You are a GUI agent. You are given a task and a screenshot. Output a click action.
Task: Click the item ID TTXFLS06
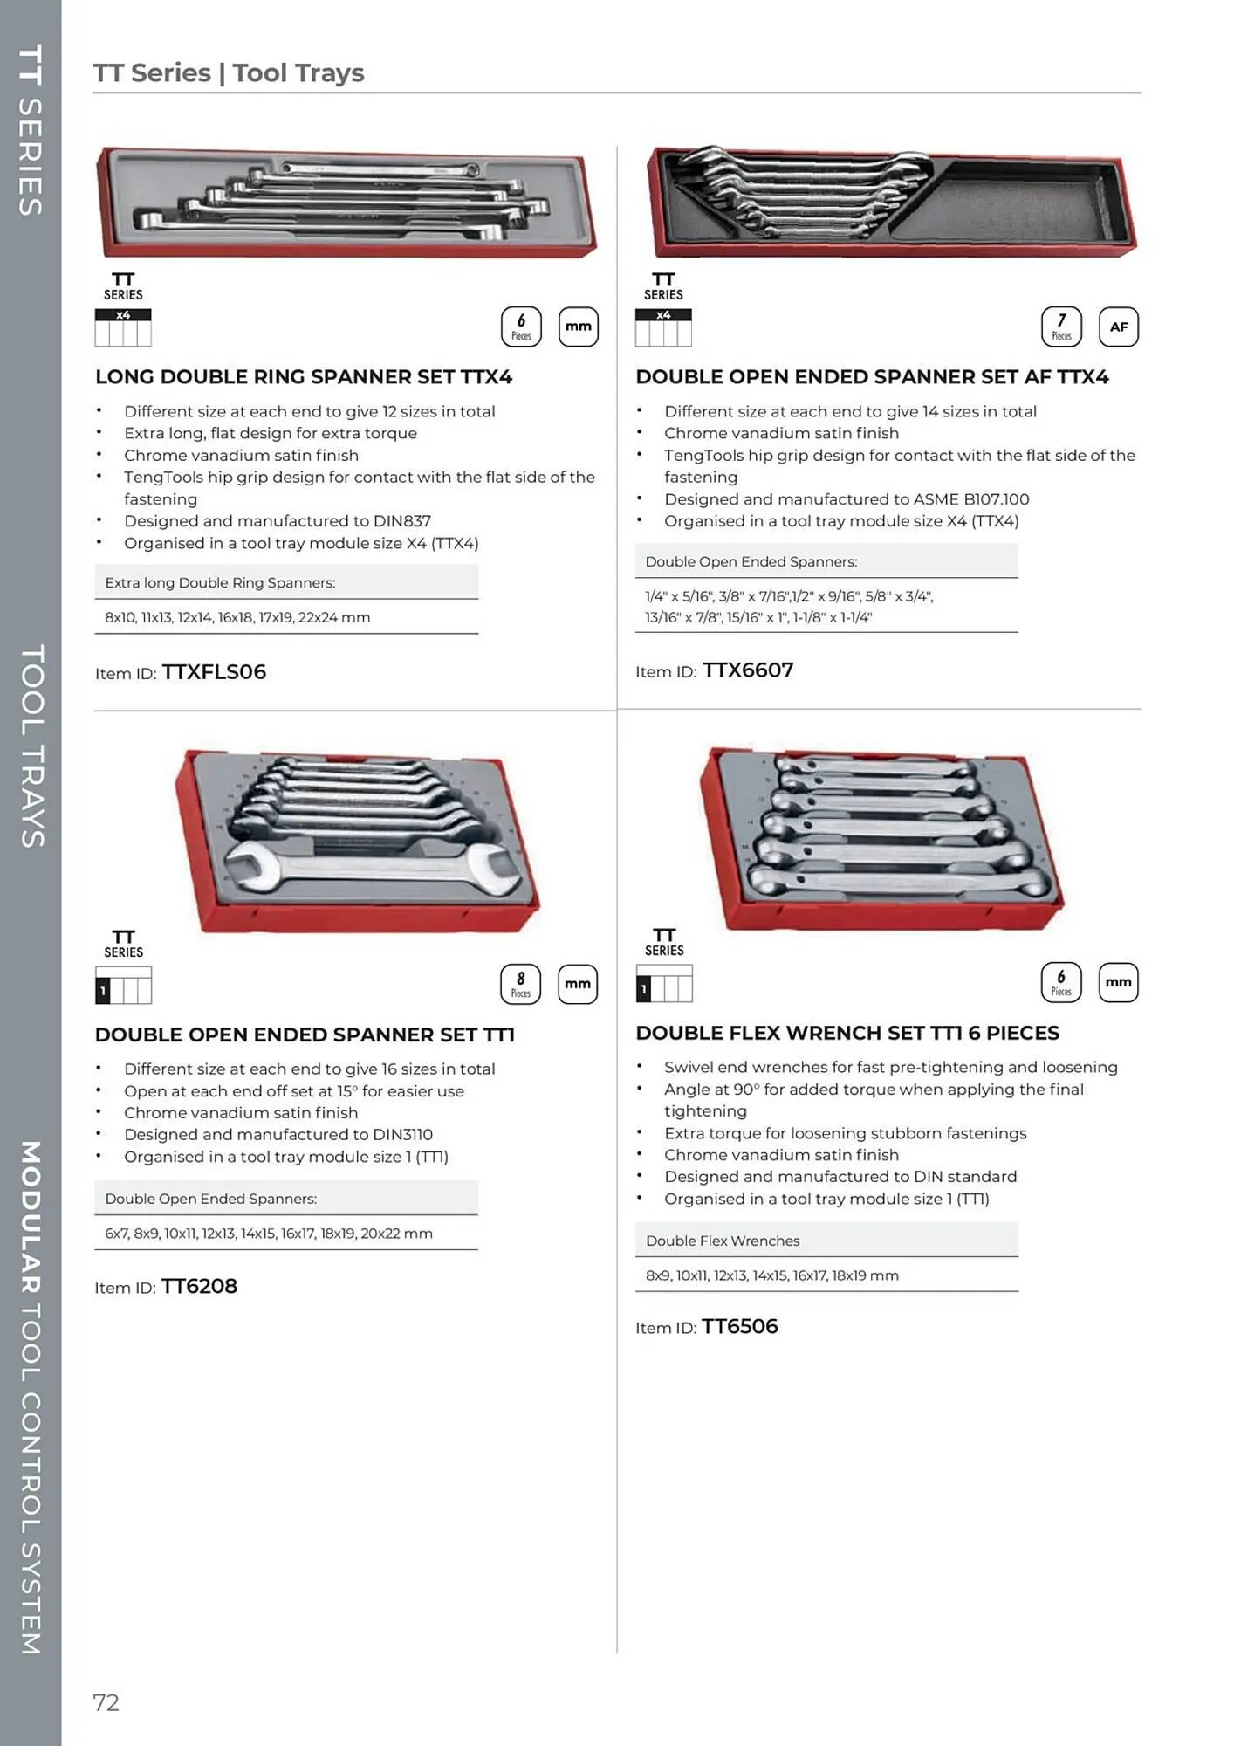tap(214, 672)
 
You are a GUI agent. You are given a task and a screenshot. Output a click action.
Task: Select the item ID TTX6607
tap(748, 670)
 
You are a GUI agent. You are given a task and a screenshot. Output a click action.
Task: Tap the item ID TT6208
tap(199, 1286)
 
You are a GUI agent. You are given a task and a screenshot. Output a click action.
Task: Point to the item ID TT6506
tap(739, 1327)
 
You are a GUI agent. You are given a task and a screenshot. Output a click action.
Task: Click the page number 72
tap(106, 1701)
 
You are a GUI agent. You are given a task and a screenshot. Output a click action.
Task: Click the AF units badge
tap(1118, 327)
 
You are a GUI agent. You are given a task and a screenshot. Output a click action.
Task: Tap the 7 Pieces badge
tap(1061, 327)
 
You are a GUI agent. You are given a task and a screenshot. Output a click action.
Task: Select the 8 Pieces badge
tap(521, 984)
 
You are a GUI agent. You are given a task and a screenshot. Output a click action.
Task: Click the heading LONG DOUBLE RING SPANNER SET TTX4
tap(304, 377)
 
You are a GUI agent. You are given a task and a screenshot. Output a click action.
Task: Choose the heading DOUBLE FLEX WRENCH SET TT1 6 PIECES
tap(847, 1033)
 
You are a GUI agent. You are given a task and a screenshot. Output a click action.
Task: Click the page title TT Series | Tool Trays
tap(229, 73)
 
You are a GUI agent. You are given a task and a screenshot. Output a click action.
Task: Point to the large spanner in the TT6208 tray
tap(367, 870)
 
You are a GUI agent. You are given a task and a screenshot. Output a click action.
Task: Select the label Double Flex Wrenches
tap(723, 1241)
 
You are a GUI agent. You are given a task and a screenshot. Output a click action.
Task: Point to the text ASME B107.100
tap(970, 499)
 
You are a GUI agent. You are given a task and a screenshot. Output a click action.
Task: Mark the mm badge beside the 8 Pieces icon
tap(578, 984)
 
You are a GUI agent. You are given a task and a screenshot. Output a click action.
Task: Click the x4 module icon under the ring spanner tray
tap(123, 327)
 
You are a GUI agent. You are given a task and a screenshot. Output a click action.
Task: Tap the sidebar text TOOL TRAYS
tap(31, 746)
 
